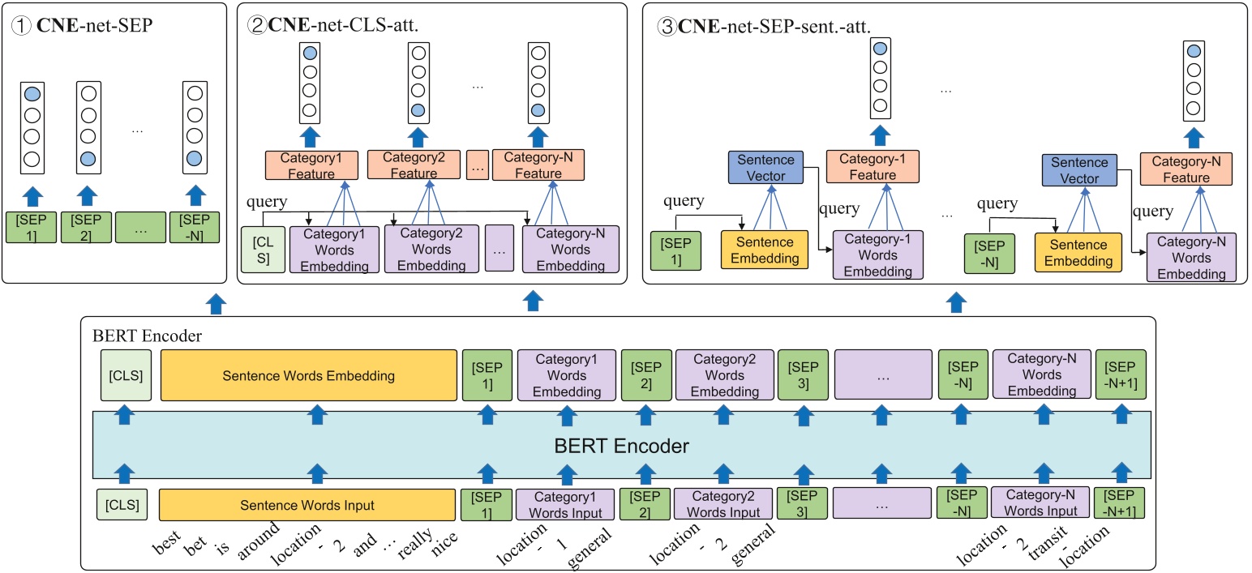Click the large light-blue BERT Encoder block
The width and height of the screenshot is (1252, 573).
tap(622, 445)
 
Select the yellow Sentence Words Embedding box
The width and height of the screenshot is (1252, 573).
tap(308, 375)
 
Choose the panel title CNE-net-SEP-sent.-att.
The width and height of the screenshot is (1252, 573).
tap(765, 25)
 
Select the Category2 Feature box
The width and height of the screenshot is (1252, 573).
tap(414, 166)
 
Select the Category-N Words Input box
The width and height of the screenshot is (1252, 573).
tap(1040, 503)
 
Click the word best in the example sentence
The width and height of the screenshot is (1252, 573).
tap(165, 543)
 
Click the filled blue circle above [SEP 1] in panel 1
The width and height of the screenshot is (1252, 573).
tap(32, 94)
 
